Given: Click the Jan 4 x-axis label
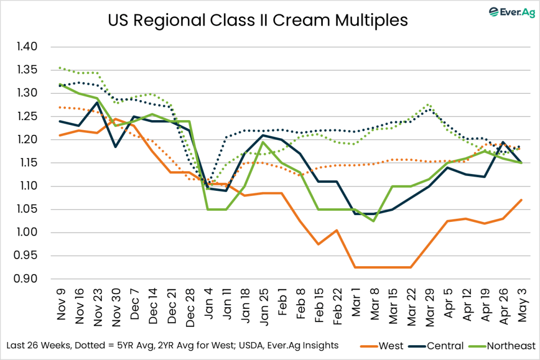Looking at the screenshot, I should point(209,306).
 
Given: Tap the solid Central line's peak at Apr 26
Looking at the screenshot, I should point(503,142).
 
